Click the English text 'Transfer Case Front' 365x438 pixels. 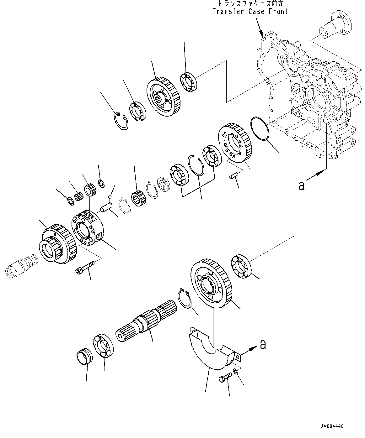point(250,12)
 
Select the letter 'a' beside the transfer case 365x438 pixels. point(302,186)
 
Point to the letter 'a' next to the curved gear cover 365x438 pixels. point(263,344)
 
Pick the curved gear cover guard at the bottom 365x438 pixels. point(209,349)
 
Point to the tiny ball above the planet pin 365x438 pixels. point(110,197)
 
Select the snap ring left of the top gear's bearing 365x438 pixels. point(121,121)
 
